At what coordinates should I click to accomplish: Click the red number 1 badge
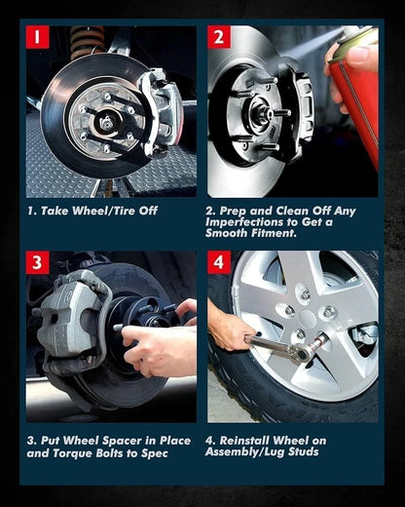[x=38, y=37]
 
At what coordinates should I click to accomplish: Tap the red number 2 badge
[x=219, y=37]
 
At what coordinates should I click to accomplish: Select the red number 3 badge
[x=38, y=262]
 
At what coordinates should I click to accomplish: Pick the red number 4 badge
[x=219, y=262]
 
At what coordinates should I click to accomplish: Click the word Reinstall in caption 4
[x=244, y=441]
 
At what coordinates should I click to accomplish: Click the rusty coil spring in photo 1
[x=88, y=40]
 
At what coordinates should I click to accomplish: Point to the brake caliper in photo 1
[x=161, y=110]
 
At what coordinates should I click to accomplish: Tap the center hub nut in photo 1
[x=106, y=123]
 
